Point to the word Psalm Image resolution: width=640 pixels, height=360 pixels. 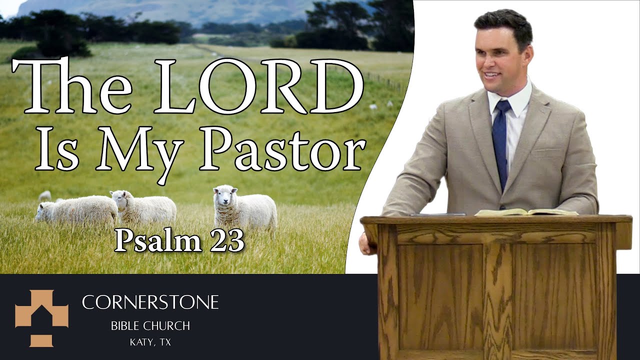pyautogui.click(x=156, y=241)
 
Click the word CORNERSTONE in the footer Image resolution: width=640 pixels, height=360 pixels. pyautogui.click(x=150, y=302)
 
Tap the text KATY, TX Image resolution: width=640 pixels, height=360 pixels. pyautogui.click(x=150, y=343)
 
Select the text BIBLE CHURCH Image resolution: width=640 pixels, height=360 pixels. pyautogui.click(x=150, y=326)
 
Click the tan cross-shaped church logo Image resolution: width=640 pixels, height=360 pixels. pyautogui.click(x=41, y=318)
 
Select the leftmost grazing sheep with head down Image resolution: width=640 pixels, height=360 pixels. pyautogui.click(x=75, y=210)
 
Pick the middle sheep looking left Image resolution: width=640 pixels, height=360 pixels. pyautogui.click(x=143, y=206)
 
